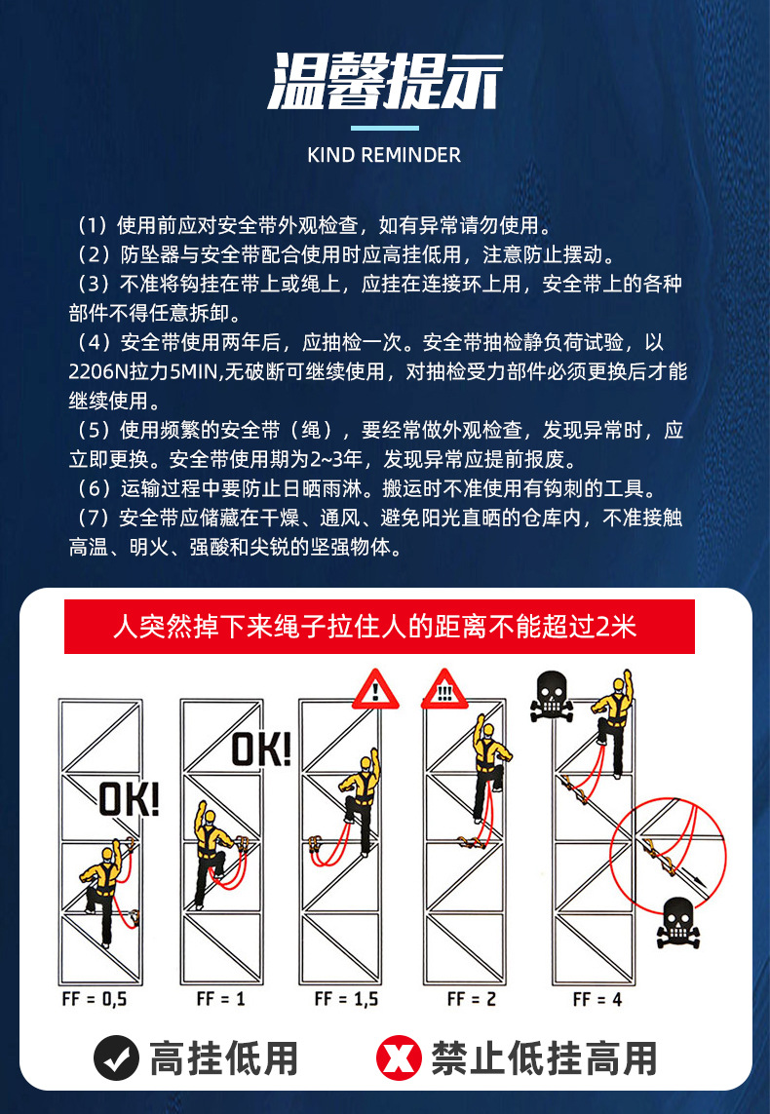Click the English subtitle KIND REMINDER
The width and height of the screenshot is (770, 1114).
(x=384, y=155)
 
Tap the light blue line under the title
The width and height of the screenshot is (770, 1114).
(x=384, y=128)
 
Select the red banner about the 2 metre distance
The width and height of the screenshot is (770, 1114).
(x=379, y=627)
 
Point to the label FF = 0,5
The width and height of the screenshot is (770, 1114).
(x=95, y=999)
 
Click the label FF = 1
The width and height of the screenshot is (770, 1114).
(x=221, y=999)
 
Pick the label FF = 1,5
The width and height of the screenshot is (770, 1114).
(x=347, y=999)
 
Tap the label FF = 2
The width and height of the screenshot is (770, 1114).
(x=472, y=999)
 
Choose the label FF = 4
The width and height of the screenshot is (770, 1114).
(x=597, y=999)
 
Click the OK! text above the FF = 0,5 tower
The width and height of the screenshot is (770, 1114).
(x=129, y=799)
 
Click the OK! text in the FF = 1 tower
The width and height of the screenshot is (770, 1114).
(x=261, y=749)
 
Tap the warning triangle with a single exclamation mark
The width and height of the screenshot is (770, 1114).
(x=375, y=689)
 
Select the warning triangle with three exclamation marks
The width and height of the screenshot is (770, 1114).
(x=443, y=689)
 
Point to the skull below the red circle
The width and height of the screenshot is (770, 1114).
(x=677, y=922)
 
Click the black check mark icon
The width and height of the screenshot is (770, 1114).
(x=117, y=1057)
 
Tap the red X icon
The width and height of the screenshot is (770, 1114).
(x=400, y=1057)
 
